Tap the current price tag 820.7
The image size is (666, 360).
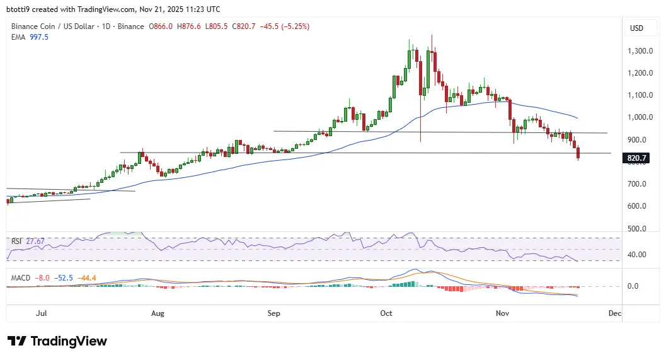click(x=638, y=158)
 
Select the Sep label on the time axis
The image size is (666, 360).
click(x=273, y=313)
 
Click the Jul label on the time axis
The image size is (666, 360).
click(x=42, y=313)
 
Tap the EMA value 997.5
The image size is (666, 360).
click(x=38, y=37)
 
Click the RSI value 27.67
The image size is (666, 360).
click(x=35, y=241)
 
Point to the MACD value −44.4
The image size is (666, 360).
click(x=88, y=277)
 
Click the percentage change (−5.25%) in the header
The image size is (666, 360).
click(x=292, y=26)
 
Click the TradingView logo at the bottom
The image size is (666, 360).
click(x=57, y=341)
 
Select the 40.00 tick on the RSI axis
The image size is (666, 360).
click(x=638, y=255)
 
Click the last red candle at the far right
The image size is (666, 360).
click(x=578, y=153)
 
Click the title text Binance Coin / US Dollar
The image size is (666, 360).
click(x=52, y=26)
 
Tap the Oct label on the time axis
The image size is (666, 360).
click(x=386, y=313)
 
